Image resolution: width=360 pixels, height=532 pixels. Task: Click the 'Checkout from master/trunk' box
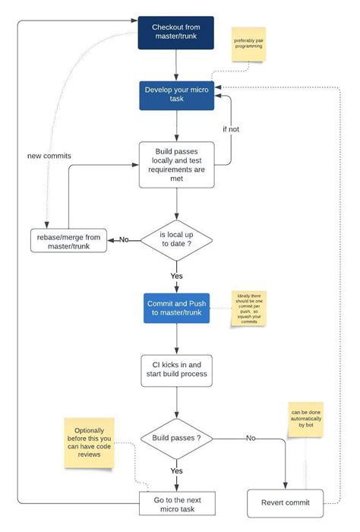(176, 33)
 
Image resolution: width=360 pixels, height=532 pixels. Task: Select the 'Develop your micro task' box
(176, 95)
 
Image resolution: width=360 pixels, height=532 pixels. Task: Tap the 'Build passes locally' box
(176, 164)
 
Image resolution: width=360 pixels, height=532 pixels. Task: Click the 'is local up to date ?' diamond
(176, 239)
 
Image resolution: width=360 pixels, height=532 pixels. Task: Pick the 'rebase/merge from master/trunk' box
(68, 240)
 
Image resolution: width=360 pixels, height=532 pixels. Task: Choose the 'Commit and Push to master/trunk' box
(176, 307)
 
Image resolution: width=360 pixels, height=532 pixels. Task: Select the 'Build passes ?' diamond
(176, 439)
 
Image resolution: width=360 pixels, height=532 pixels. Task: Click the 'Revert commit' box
(285, 502)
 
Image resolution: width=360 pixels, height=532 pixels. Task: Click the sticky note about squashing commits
(251, 309)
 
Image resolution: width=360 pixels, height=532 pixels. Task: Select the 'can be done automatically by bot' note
(305, 419)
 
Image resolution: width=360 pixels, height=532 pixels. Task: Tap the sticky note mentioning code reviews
(90, 442)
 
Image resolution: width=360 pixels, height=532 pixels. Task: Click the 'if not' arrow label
(231, 129)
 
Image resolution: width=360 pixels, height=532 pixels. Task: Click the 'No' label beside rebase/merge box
(124, 240)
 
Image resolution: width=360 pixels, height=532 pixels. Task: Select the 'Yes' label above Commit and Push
(176, 276)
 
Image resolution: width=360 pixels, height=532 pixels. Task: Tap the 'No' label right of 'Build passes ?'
(250, 439)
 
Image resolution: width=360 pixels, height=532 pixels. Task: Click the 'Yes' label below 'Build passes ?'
(176, 471)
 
